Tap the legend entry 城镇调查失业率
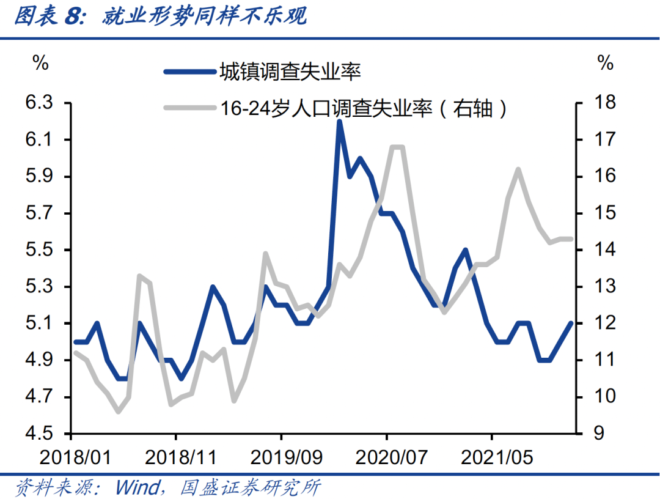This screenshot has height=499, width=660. (x=290, y=72)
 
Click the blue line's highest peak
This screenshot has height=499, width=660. (x=339, y=122)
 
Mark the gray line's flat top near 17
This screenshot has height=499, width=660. (x=397, y=147)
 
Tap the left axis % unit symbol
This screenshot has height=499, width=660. (x=40, y=63)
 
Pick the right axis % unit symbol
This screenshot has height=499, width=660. (x=604, y=63)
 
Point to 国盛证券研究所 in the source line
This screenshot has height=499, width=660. (x=251, y=488)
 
